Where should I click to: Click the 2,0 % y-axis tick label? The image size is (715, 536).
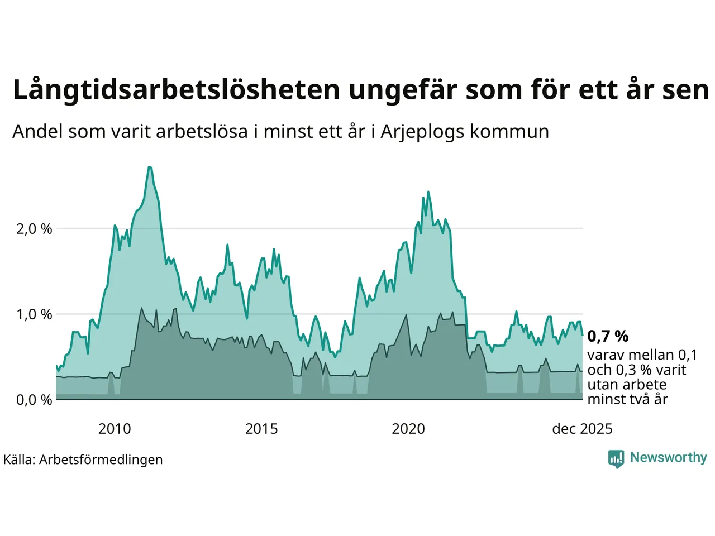[x=34, y=229]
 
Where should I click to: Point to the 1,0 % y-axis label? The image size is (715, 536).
[x=34, y=314]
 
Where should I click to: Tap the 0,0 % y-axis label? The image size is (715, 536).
[x=34, y=400]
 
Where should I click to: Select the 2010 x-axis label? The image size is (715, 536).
[x=115, y=429]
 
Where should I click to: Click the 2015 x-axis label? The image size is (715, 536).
[x=261, y=429]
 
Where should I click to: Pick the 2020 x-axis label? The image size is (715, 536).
[x=408, y=429]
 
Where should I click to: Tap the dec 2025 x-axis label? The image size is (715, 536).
[x=582, y=429]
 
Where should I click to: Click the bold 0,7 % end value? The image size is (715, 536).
[x=608, y=336]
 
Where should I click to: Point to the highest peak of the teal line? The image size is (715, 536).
[x=150, y=167]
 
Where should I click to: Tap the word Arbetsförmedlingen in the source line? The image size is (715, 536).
[x=101, y=460]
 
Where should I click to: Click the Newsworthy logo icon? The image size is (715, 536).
[x=616, y=458]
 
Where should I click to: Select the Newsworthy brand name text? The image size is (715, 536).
[x=668, y=457]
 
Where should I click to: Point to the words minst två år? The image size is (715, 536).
[x=627, y=399]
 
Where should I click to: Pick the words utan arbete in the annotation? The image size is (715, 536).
[x=627, y=385]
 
